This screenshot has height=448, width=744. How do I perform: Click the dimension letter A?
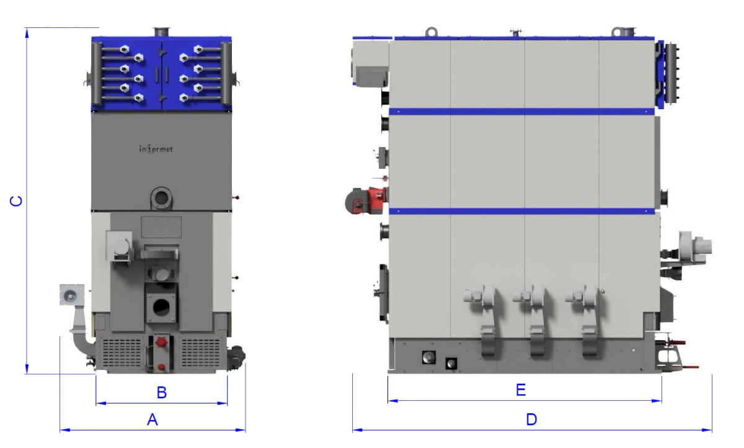(x=153, y=420)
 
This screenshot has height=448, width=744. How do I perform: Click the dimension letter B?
(x=161, y=393)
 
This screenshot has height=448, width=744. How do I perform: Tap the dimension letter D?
(x=531, y=420)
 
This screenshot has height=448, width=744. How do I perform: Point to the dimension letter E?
(x=521, y=390)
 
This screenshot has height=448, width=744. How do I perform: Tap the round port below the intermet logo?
(x=161, y=199)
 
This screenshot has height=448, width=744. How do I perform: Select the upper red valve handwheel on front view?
(x=162, y=343)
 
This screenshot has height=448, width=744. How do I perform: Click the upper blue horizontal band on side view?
(x=521, y=111)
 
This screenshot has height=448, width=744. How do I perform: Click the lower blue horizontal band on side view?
(x=521, y=211)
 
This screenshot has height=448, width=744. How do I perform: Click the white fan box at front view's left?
(x=71, y=295)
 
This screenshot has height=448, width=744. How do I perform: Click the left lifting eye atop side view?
(x=432, y=32)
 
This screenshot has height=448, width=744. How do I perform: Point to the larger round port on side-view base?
(x=428, y=357)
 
